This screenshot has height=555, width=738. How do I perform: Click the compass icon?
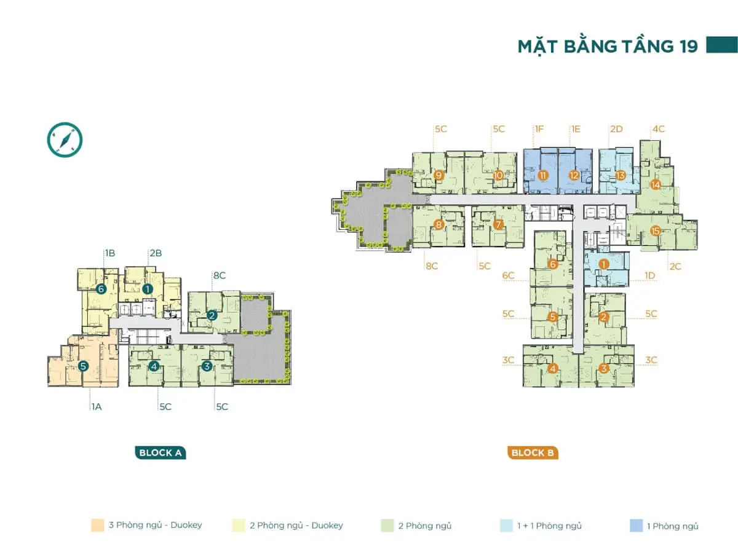(65, 140)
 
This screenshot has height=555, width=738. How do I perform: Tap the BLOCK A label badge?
(160, 453)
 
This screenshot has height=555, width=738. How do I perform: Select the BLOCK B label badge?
(533, 453)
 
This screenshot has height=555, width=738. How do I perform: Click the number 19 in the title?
(684, 47)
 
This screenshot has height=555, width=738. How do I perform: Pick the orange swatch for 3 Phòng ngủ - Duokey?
(97, 525)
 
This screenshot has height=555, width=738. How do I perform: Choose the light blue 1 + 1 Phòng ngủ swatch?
(507, 525)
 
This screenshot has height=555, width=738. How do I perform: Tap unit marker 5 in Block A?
(84, 366)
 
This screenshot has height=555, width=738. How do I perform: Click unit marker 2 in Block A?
(212, 316)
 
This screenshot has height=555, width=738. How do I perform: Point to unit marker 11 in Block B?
(542, 175)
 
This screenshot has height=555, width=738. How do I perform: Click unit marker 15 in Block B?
(655, 231)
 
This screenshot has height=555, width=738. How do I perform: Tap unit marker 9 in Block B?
(438, 175)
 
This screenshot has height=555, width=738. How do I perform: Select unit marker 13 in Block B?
(620, 175)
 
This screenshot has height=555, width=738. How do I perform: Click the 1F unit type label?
(539, 130)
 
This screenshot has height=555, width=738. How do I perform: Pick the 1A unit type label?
(97, 407)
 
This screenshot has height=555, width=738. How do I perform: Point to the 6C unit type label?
(508, 276)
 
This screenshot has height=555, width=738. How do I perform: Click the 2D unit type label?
(616, 130)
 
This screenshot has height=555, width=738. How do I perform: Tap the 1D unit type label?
(651, 276)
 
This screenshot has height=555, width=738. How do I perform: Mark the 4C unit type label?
(659, 130)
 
